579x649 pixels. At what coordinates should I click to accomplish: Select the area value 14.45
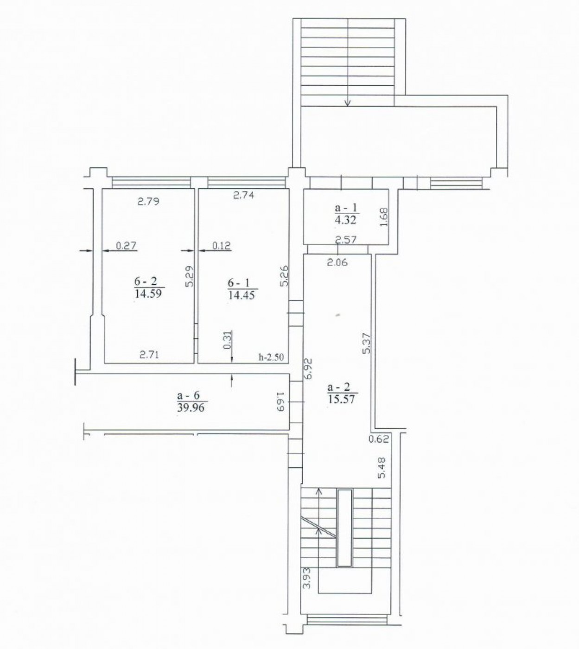tap(241, 294)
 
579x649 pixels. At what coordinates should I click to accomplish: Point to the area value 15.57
tap(342, 399)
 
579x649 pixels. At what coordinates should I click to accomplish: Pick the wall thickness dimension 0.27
tap(126, 246)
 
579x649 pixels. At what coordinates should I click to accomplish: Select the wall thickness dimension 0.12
tap(221, 246)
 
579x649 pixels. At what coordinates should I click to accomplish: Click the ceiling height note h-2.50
tap(271, 357)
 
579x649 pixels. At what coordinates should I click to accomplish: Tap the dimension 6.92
tap(308, 369)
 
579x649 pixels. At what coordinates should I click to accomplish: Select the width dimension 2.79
tap(148, 202)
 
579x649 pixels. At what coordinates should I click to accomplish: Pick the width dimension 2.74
tap(243, 195)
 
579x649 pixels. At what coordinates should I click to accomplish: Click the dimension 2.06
tap(337, 263)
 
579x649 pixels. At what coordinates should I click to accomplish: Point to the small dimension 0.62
tap(378, 438)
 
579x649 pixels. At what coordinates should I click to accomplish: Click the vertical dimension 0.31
tap(227, 340)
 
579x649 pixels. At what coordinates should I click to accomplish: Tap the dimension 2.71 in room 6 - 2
tap(149, 355)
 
